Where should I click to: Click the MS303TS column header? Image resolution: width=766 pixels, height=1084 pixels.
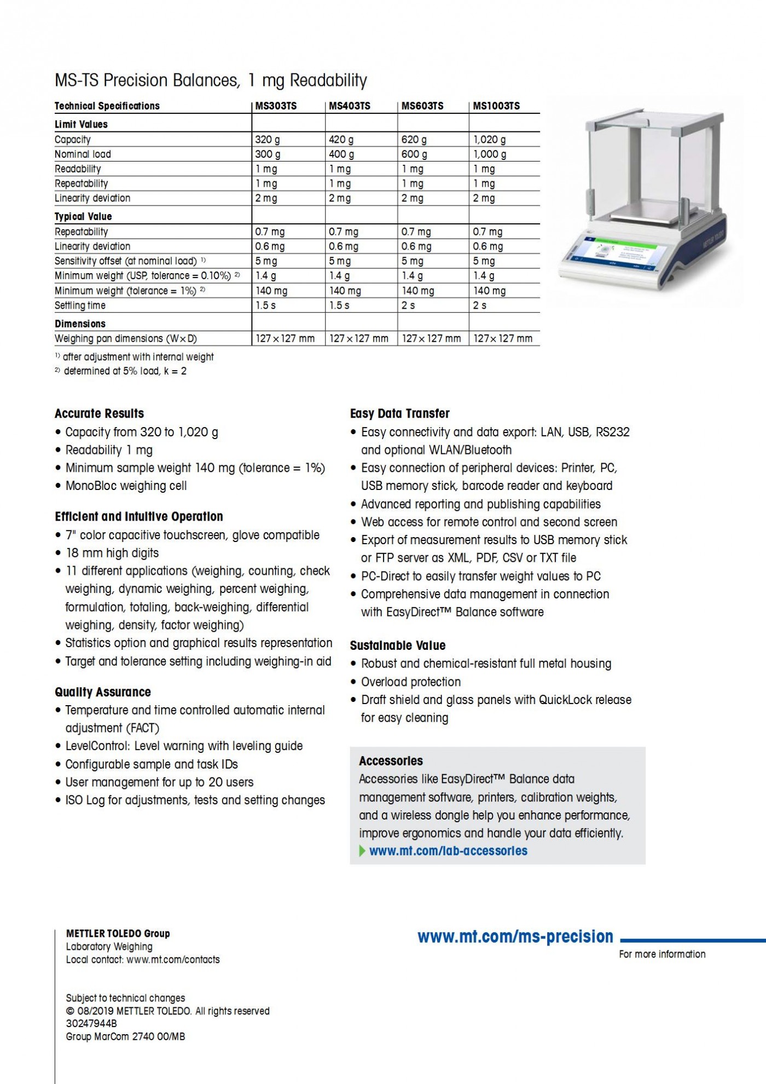coord(276,106)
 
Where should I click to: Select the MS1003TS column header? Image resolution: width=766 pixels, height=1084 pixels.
coord(496,106)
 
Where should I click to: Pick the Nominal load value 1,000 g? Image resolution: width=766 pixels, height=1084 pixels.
coord(490,154)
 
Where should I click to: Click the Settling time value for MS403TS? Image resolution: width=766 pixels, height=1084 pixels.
coord(339,305)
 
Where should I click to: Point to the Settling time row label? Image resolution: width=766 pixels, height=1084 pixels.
coord(80,305)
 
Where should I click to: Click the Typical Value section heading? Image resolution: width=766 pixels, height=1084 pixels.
coord(83,216)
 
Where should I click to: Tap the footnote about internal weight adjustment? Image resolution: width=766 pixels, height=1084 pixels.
coord(137,357)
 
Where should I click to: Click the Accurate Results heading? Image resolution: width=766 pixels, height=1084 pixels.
coord(99,413)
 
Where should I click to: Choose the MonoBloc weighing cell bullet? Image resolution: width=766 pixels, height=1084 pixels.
coord(126,486)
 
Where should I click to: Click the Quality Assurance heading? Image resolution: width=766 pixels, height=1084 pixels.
coord(102,692)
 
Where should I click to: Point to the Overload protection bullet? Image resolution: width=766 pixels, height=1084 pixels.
coord(410,682)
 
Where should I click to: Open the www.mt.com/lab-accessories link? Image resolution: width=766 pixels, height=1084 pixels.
coord(448,851)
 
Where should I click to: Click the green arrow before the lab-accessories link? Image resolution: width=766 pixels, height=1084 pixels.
coord(362,851)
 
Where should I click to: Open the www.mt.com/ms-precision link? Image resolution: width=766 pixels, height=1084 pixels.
coord(515,937)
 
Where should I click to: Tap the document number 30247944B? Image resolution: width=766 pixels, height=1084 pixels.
coord(91,1023)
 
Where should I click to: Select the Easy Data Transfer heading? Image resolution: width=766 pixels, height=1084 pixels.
coord(399,413)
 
